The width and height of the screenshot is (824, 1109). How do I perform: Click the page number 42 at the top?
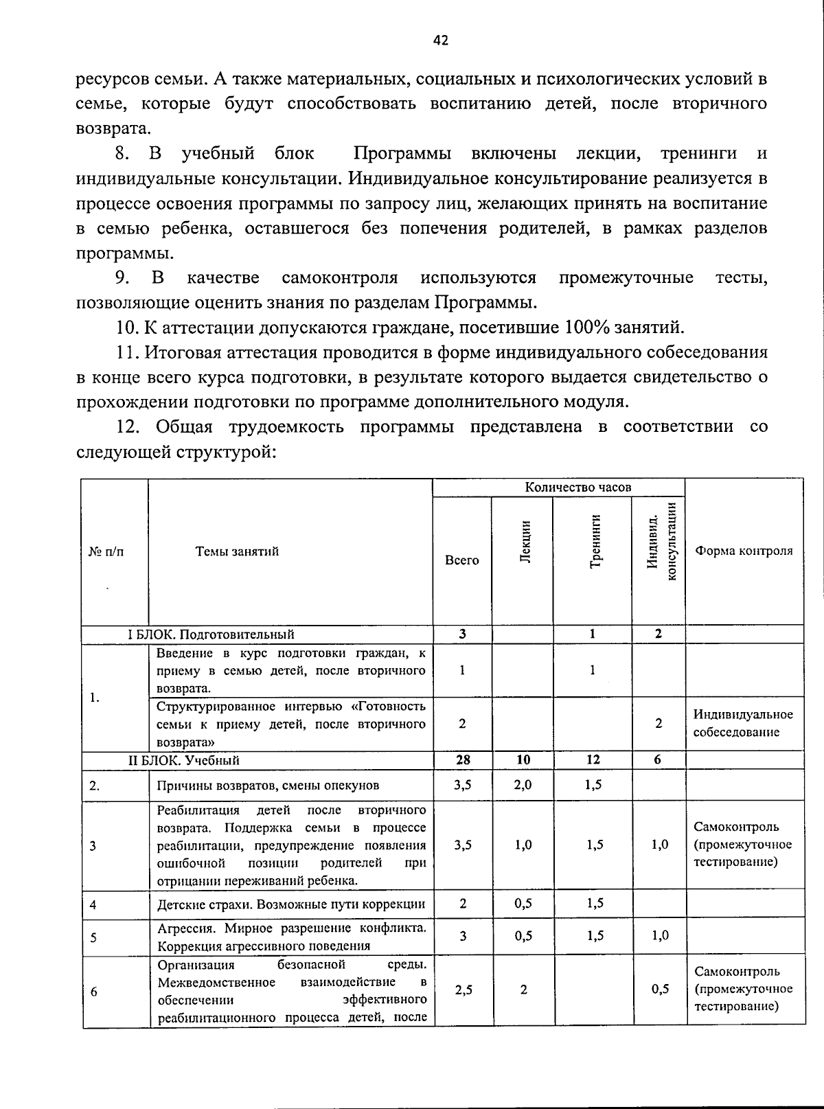click(x=441, y=41)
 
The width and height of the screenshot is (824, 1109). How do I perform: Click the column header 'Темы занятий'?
click(x=237, y=551)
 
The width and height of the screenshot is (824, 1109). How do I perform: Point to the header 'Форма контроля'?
click(x=744, y=551)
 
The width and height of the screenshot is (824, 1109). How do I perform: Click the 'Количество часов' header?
click(x=577, y=487)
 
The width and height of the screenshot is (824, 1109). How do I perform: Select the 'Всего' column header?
click(x=462, y=560)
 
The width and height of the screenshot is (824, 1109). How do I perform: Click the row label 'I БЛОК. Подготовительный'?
click(x=211, y=634)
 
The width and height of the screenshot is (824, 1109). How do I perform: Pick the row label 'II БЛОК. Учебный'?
click(x=184, y=760)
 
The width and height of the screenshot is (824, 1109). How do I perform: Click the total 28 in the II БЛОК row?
click(x=463, y=759)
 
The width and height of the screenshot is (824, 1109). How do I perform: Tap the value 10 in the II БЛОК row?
click(x=523, y=759)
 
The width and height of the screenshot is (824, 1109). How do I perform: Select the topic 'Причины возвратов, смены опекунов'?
click(x=268, y=786)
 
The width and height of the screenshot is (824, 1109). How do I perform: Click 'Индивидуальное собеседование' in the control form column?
click(x=742, y=723)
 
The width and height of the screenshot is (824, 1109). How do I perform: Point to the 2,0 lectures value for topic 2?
click(x=523, y=785)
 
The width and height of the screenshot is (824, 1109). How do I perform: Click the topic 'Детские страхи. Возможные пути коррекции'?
click(x=291, y=904)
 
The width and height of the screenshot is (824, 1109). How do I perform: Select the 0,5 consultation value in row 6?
click(x=659, y=990)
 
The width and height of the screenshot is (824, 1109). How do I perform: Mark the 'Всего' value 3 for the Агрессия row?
click(x=463, y=936)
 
